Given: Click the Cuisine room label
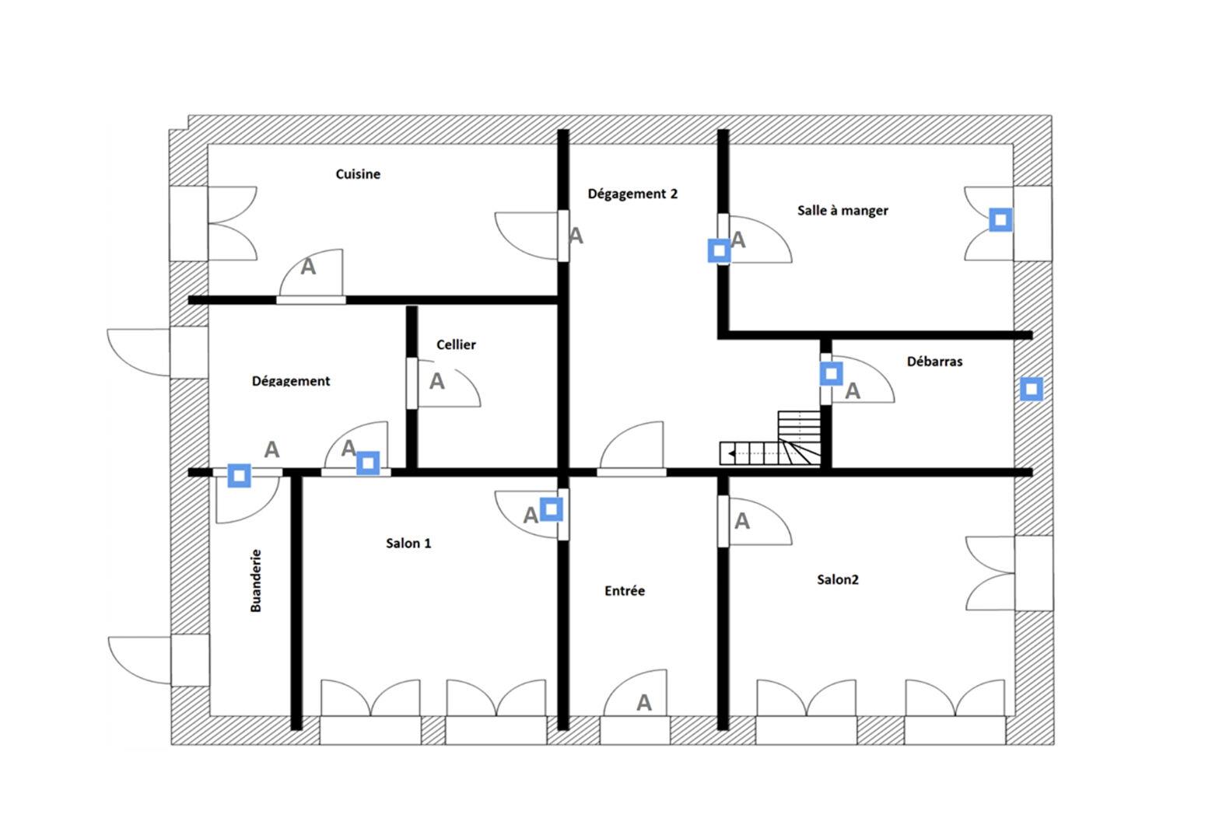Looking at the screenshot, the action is point(358,174).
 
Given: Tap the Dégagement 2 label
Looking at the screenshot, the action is point(632,194).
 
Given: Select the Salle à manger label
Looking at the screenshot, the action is point(842,211).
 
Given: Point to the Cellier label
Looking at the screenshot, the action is point(456,344).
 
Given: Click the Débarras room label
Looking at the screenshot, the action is point(934,362).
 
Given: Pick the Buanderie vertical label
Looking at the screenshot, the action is point(256,581).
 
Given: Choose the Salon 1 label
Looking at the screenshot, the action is point(408,543).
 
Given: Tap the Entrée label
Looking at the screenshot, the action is point(625,591).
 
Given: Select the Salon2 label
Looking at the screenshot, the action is point(837,580).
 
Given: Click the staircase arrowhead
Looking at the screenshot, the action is point(732,453).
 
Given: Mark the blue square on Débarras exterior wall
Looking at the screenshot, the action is point(1032,389).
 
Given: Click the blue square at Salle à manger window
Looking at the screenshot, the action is point(1000,220).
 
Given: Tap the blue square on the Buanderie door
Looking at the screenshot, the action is point(239,476).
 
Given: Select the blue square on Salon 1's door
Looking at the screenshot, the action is point(551,509).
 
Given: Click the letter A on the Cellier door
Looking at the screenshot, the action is point(436,381).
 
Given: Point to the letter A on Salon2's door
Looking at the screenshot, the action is point(741,521).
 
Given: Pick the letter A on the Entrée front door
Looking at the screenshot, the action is point(644,703).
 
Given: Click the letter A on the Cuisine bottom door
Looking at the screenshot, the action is point(308,267).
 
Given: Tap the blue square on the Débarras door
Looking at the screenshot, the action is point(831,373).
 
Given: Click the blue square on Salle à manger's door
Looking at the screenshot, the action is point(719,251).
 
